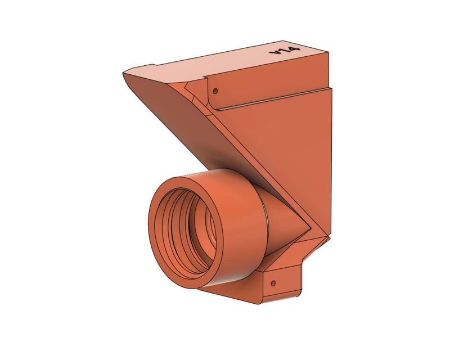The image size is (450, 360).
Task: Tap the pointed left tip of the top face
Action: coord(123,74)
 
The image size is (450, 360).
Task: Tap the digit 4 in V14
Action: coord(292,49)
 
